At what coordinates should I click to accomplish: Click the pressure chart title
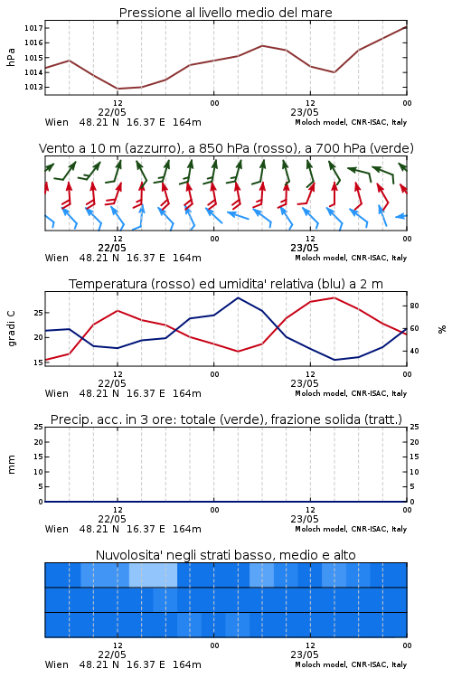[225, 13]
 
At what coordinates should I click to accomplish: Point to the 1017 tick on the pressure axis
[33, 28]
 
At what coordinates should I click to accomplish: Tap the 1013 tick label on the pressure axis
[33, 87]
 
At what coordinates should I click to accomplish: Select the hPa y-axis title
[11, 58]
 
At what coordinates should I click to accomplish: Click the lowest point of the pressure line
[118, 89]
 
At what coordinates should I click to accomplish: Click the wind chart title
[226, 148]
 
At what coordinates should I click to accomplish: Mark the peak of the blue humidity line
[238, 297]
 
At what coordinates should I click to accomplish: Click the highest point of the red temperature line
[334, 297]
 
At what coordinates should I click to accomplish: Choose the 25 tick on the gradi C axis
[39, 313]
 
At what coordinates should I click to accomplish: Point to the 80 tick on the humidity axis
[414, 306]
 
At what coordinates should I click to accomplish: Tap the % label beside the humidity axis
[442, 329]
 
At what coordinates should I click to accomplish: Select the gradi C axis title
[11, 329]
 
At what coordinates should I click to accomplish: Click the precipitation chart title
[226, 419]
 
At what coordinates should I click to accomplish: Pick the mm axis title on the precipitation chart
[11, 465]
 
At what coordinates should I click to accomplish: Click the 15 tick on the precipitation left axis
[39, 457]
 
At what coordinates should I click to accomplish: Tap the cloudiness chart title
[225, 555]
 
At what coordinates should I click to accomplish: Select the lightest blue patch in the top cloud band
[153, 575]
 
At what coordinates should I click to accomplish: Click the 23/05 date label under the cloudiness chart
[305, 654]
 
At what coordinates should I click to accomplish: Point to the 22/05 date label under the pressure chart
[112, 112]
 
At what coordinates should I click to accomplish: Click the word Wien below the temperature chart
[57, 393]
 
